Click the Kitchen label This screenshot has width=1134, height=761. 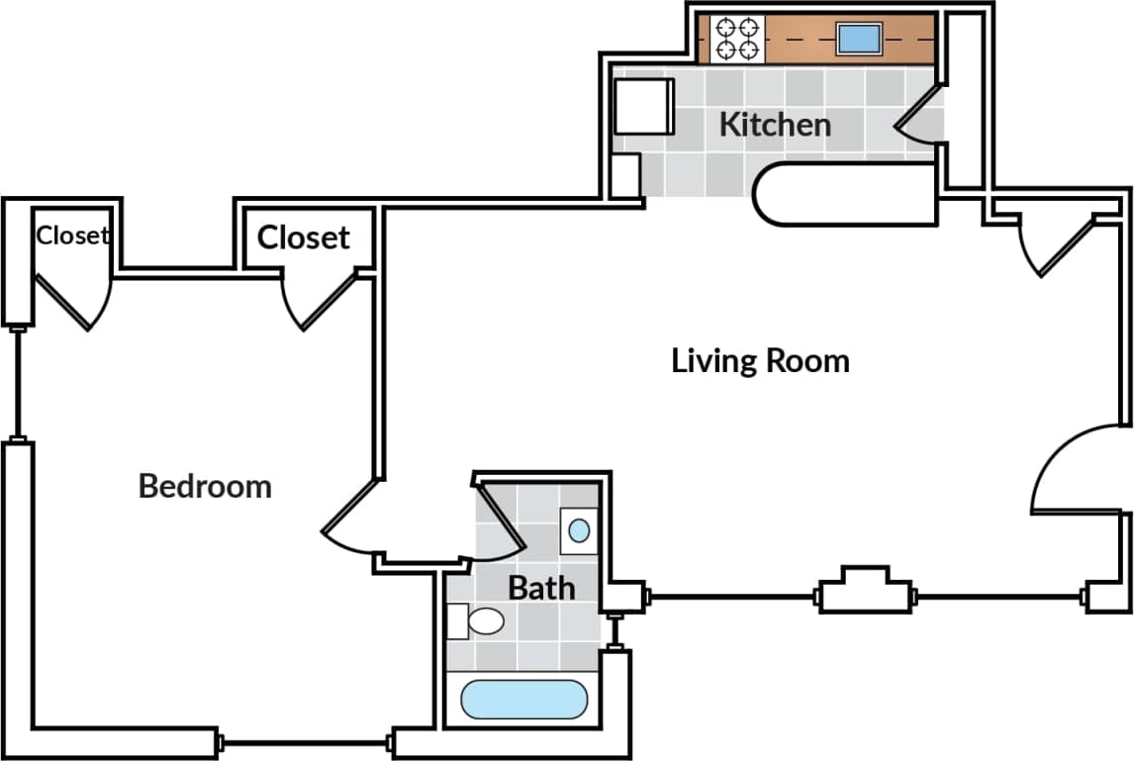[x=774, y=125]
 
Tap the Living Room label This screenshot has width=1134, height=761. [x=760, y=360]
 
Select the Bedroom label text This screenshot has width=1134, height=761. [x=205, y=486]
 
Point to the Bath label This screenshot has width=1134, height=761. [x=541, y=588]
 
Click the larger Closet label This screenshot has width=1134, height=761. [x=303, y=238]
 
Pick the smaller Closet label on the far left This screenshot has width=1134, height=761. [x=72, y=236]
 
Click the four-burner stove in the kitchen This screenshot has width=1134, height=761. [x=737, y=39]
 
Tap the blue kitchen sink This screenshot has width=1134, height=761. [x=858, y=40]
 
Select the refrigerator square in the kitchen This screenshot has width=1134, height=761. [x=643, y=106]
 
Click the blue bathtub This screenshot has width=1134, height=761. [x=524, y=700]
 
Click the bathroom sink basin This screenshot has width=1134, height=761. [x=579, y=530]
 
